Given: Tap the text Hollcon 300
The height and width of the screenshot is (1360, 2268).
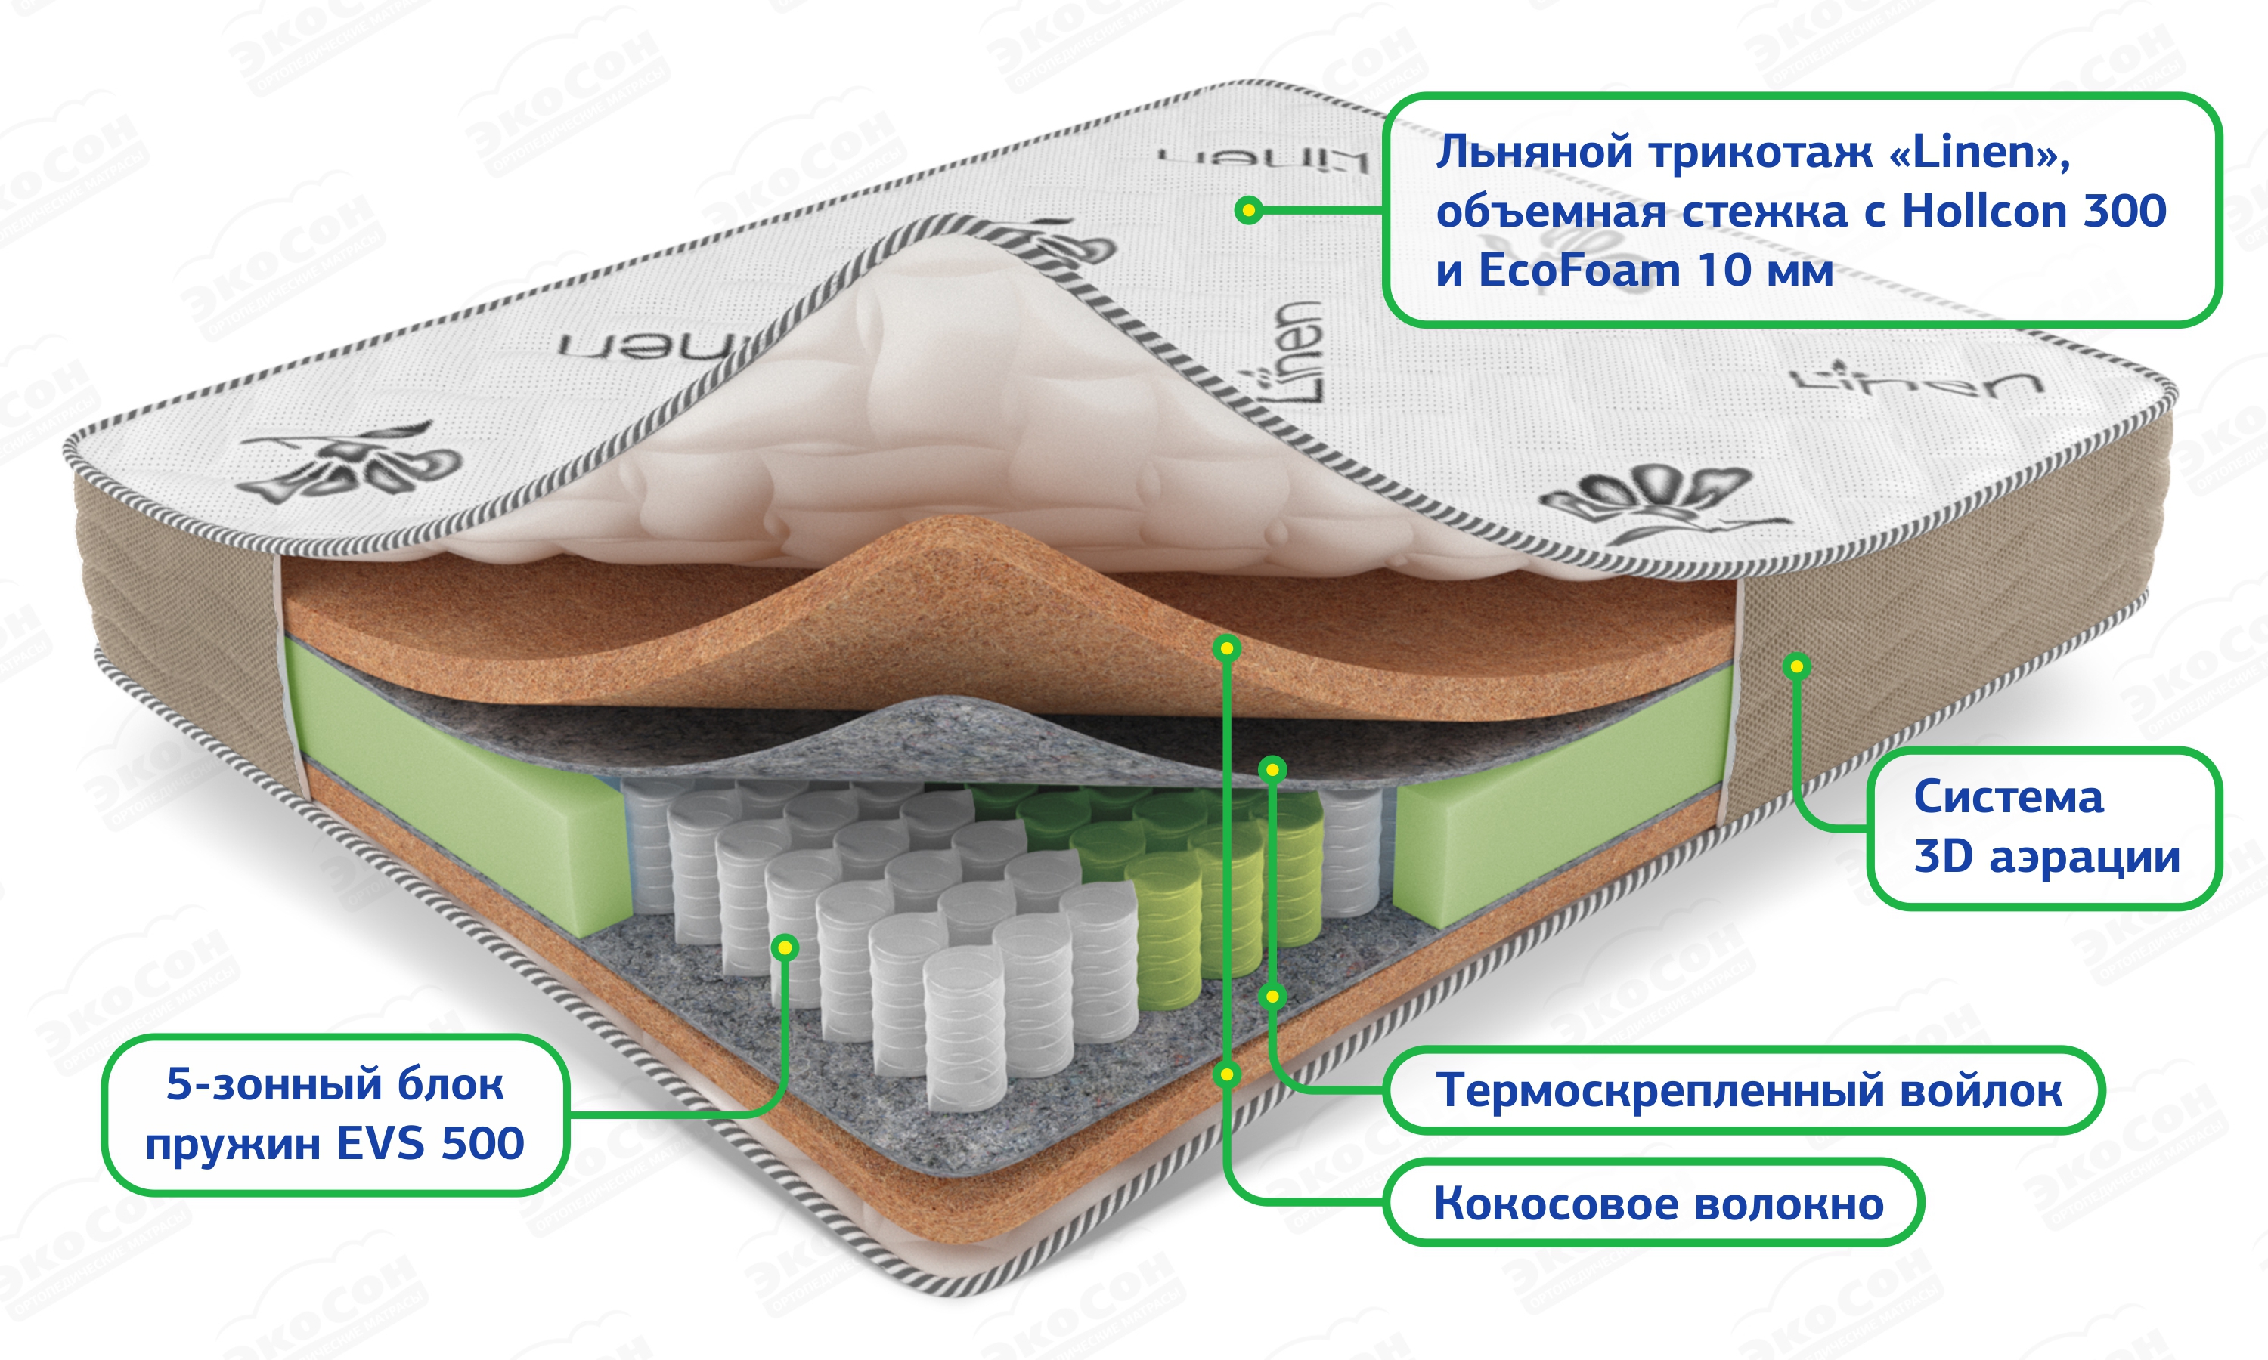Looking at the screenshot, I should (x=2034, y=212).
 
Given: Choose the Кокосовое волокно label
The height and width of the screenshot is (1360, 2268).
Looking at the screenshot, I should (x=1657, y=1204).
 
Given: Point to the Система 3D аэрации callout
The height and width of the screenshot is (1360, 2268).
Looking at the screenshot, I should (x=2045, y=827).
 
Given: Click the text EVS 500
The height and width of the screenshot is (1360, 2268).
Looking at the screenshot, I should (x=430, y=1144).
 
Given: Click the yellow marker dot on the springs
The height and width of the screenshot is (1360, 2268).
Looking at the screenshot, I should (x=785, y=947).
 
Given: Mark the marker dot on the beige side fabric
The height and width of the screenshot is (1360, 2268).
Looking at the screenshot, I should (x=1797, y=666).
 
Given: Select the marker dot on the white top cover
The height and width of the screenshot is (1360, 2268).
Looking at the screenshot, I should (x=1247, y=211).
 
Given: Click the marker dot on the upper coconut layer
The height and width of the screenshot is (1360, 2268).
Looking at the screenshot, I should (x=1226, y=649).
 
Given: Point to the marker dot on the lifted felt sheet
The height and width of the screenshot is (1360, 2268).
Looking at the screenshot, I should (x=1272, y=769).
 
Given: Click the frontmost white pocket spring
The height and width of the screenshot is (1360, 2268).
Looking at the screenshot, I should (x=965, y=1026).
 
